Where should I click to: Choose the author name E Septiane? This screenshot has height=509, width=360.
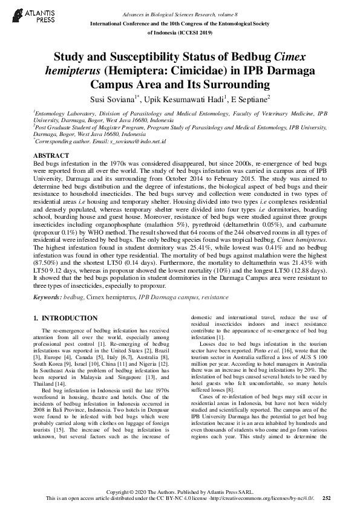pyautogui.click(x=249, y=98)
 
